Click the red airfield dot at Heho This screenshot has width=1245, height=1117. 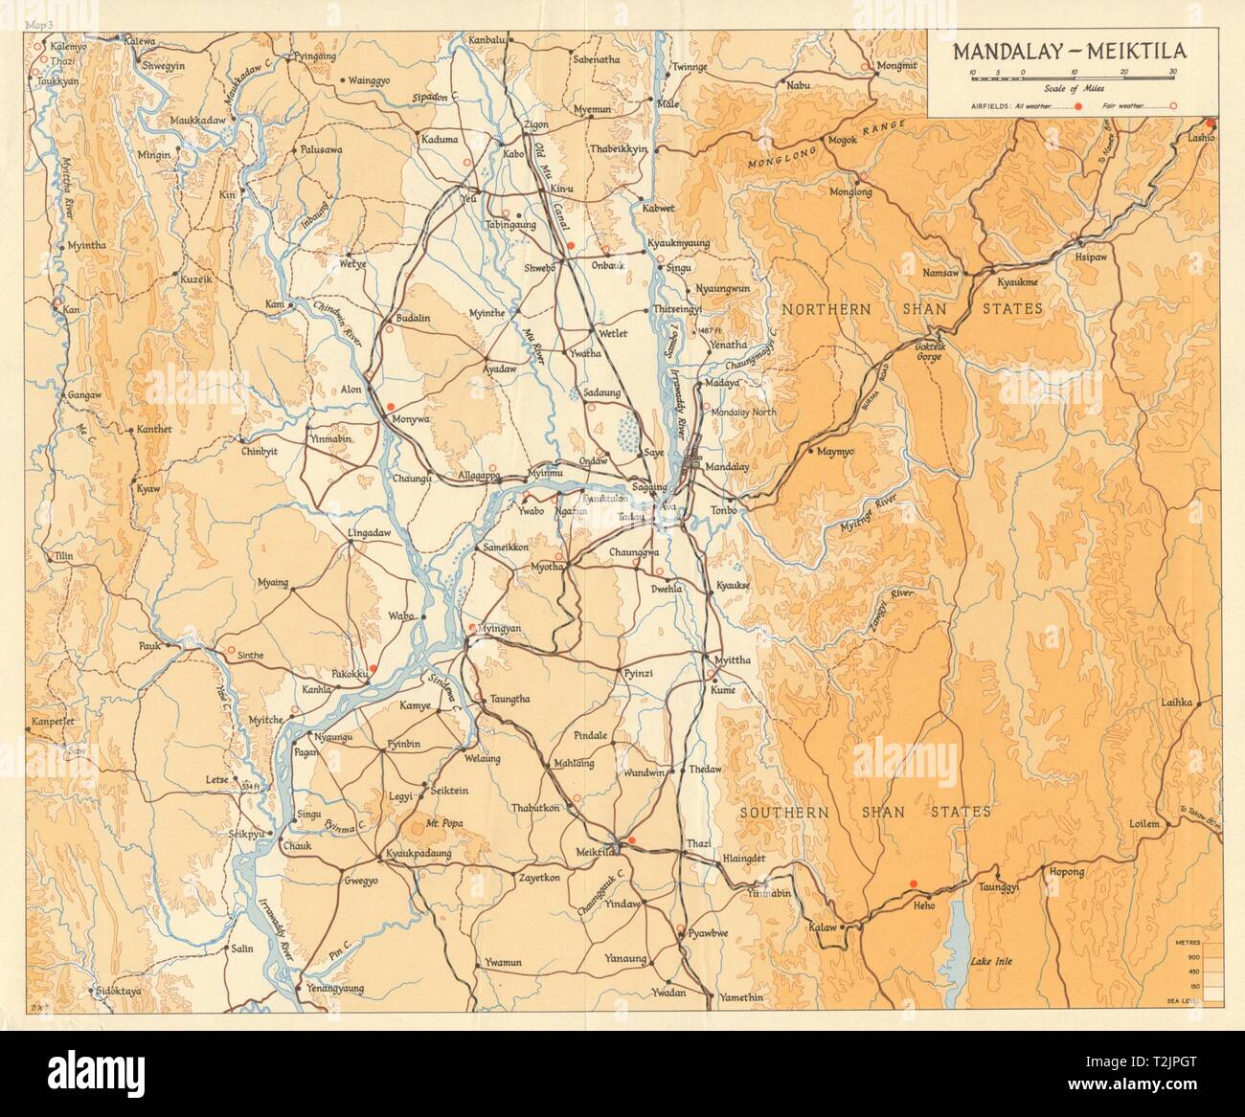[913, 883]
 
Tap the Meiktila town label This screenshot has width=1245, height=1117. [592, 860]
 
